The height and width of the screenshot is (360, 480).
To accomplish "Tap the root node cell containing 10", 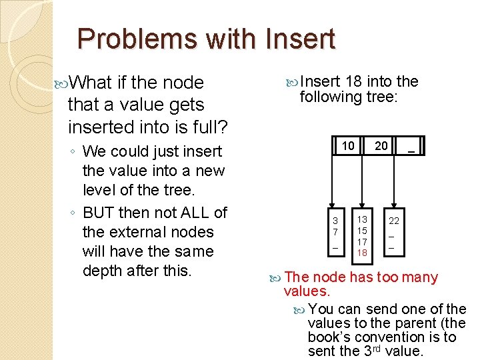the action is (x=348, y=146).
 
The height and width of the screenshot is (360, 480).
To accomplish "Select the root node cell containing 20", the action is (x=381, y=146).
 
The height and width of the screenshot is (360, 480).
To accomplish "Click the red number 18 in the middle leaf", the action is (x=362, y=253).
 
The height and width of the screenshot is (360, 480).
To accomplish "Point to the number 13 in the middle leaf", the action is (x=362, y=219).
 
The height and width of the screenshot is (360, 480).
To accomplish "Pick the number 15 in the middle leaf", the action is (x=362, y=231).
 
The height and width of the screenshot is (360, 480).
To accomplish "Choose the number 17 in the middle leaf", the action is (x=362, y=242).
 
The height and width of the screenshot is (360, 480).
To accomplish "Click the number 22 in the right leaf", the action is (x=394, y=221).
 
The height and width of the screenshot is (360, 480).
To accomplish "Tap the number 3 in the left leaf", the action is (x=336, y=221).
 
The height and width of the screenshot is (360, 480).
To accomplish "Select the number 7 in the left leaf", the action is (x=336, y=231).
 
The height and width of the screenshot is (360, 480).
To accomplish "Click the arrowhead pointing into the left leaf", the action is (x=333, y=207).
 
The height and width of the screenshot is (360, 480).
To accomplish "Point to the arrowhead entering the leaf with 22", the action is (x=394, y=207).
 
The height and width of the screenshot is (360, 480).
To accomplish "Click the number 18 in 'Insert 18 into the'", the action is (x=354, y=82).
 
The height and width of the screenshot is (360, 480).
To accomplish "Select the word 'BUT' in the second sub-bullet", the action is (x=99, y=213).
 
